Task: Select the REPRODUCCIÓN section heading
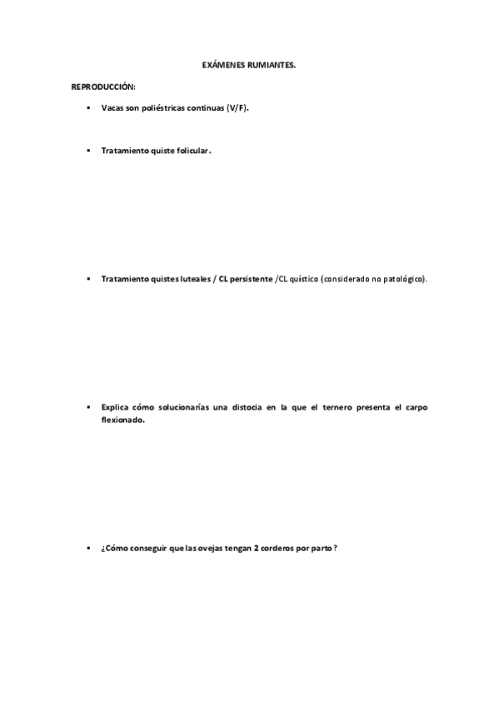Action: (103, 87)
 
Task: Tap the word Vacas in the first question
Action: (112, 108)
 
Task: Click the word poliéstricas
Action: (166, 108)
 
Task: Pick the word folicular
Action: (192, 151)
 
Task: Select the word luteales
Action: (192, 279)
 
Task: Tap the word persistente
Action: (252, 279)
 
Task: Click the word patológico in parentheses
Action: (404, 279)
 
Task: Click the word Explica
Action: (115, 407)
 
